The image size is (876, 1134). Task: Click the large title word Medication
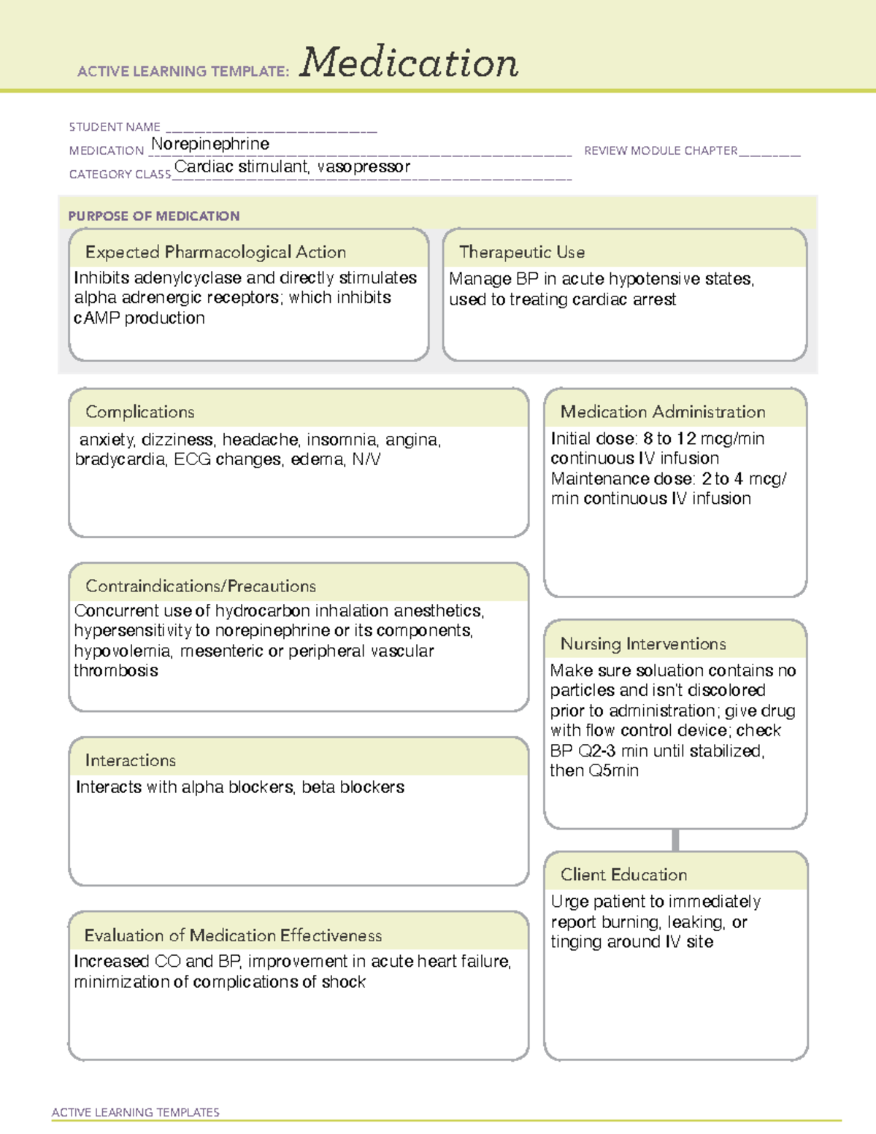point(409,63)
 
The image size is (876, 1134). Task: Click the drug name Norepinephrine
point(210,144)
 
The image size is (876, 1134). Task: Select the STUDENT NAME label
point(115,127)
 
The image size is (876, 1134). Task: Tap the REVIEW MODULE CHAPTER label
point(661,150)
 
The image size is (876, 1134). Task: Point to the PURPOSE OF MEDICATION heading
point(153,216)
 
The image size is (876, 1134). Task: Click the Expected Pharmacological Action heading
point(215,252)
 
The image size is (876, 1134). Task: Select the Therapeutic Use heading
point(521,252)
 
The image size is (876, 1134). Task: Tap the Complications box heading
point(139,412)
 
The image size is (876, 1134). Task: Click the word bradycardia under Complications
point(120,459)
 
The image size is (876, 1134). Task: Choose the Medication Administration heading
point(662,412)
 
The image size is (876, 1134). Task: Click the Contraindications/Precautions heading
point(200,586)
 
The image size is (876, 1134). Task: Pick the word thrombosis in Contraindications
point(116,671)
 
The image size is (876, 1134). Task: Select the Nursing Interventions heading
point(642,644)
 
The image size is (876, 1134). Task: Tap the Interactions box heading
point(130,761)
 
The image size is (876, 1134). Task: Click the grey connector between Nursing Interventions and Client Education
point(675,840)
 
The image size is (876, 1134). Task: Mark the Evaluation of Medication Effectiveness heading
point(233,935)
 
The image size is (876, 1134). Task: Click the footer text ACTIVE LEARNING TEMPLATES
point(136,1112)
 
